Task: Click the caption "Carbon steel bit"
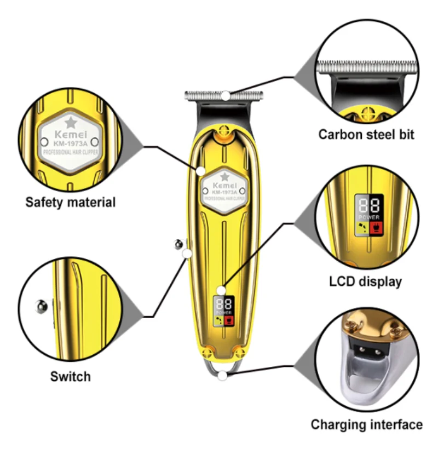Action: [366, 134]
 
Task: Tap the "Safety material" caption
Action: [71, 202]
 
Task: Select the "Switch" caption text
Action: [71, 376]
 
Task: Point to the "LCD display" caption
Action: [366, 281]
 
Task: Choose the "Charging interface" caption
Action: [367, 424]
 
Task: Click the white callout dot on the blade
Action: [226, 95]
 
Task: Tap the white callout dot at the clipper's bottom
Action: [222, 375]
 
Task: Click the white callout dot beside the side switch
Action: [187, 253]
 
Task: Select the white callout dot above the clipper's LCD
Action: [221, 290]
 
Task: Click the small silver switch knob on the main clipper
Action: [177, 245]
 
